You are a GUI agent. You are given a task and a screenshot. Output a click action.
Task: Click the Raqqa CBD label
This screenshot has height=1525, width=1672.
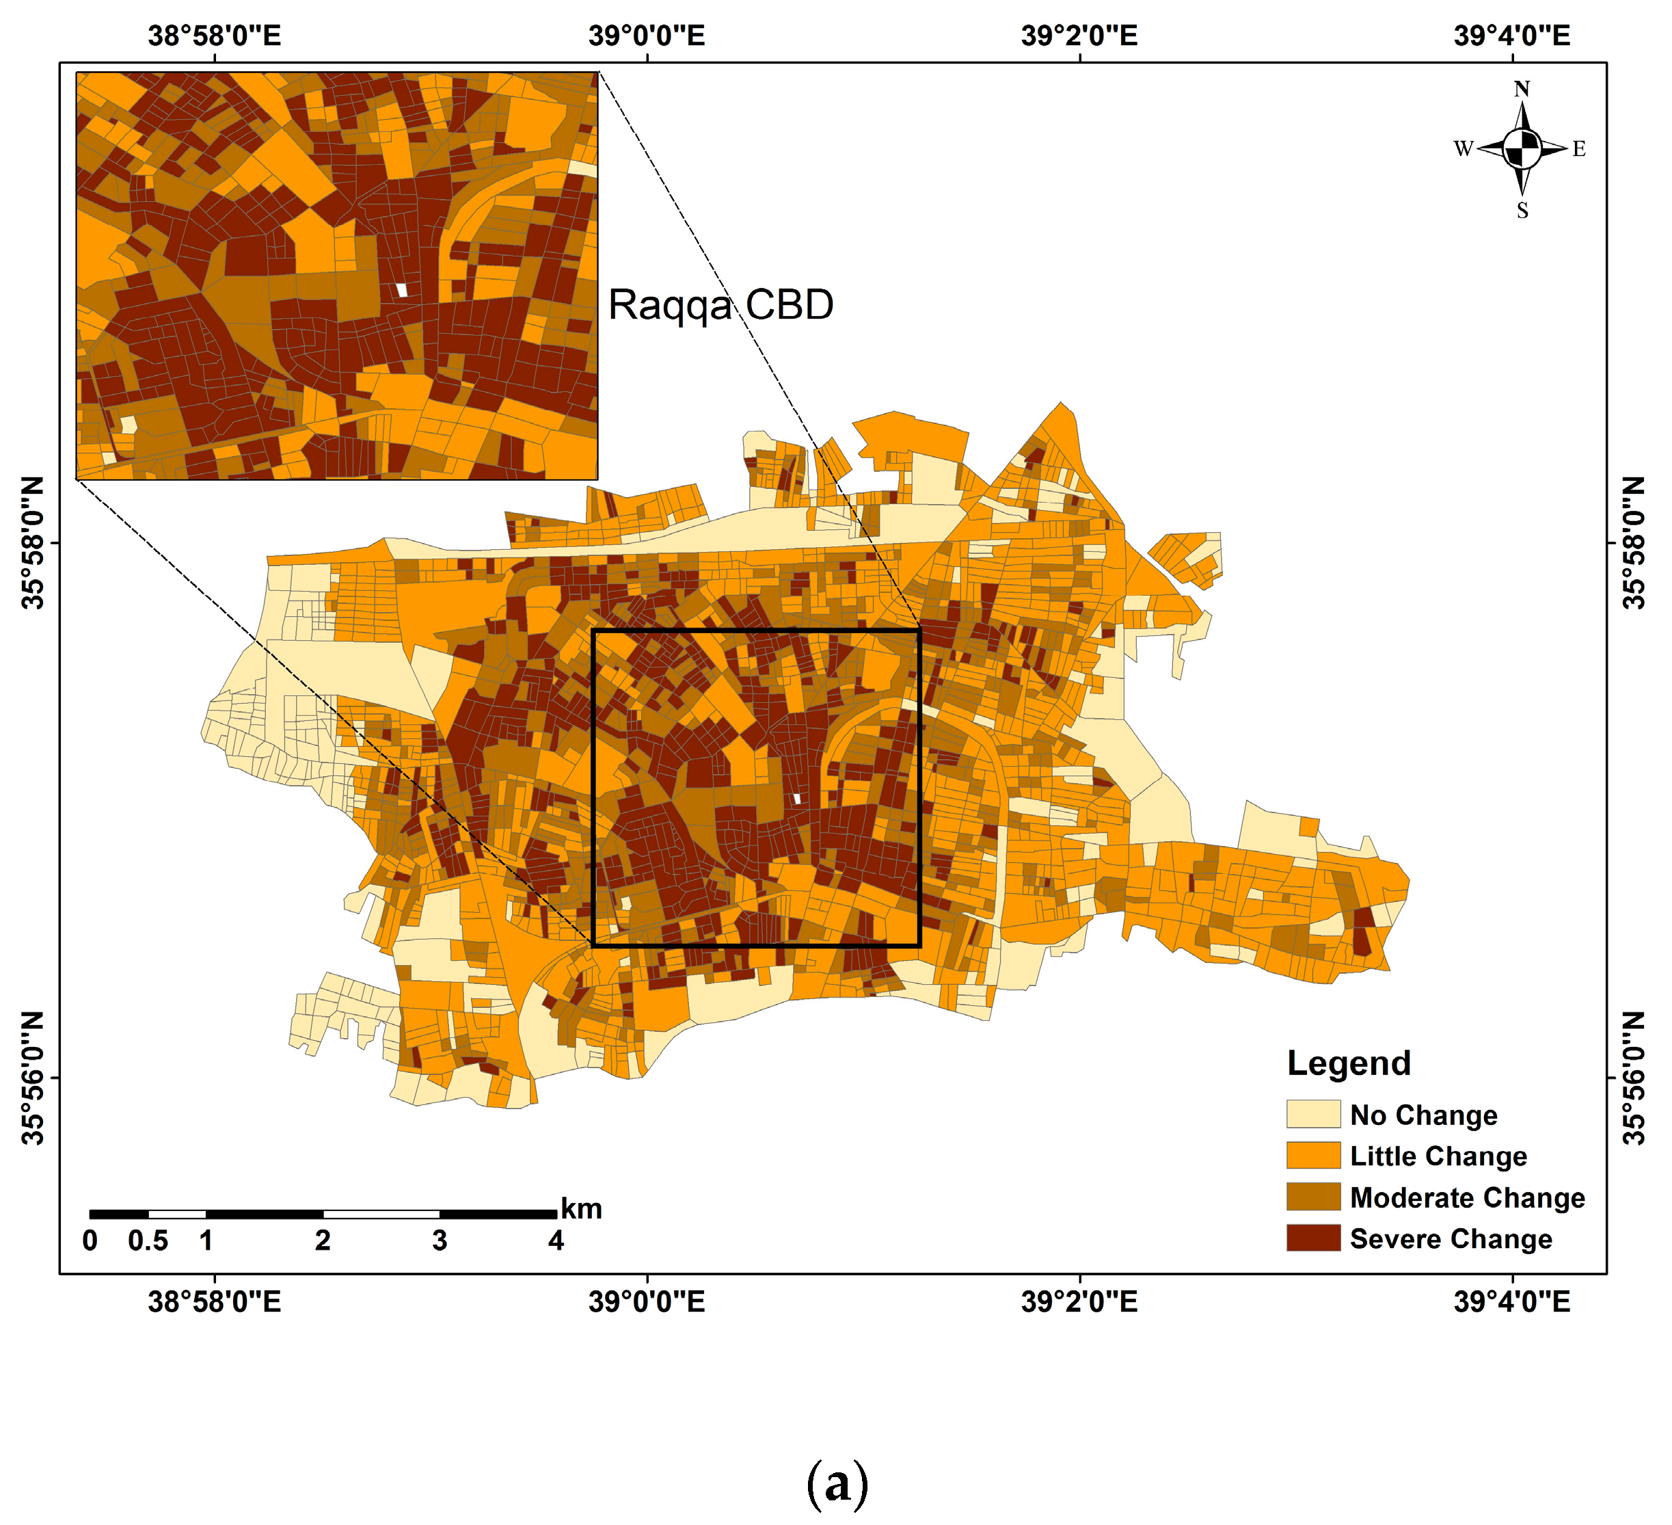(720, 304)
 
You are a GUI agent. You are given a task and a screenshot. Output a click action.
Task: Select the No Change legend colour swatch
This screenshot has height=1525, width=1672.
(1313, 1113)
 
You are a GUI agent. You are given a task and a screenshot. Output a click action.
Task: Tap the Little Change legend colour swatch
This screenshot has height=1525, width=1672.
(1313, 1155)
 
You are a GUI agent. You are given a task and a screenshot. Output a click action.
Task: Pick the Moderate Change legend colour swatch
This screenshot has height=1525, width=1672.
(1313, 1197)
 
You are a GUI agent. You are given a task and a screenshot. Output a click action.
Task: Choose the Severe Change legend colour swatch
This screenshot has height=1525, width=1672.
(1313, 1237)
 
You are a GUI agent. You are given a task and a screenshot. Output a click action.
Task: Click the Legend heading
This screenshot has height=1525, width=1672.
(1349, 1063)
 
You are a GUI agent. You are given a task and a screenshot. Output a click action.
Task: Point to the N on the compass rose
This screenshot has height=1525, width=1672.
(1521, 89)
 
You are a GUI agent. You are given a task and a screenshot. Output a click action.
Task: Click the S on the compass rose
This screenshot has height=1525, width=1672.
(1522, 211)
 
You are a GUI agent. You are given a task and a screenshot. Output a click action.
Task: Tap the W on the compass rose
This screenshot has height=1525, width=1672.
(1462, 149)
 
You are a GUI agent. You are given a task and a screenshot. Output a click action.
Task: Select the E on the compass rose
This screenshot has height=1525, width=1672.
(1578, 149)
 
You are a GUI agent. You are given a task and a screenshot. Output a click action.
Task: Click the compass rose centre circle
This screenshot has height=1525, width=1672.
(1521, 149)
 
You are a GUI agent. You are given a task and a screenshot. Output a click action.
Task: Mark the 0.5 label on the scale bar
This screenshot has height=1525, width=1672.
(148, 1241)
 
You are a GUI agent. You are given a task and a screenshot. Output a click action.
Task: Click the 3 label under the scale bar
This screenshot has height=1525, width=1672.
(440, 1241)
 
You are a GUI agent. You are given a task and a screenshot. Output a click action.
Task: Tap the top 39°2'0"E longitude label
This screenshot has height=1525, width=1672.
(1079, 36)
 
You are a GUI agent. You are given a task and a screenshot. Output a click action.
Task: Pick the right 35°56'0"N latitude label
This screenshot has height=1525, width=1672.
(1633, 1077)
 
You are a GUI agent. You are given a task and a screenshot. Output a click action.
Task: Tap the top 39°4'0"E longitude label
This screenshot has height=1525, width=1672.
(1511, 36)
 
